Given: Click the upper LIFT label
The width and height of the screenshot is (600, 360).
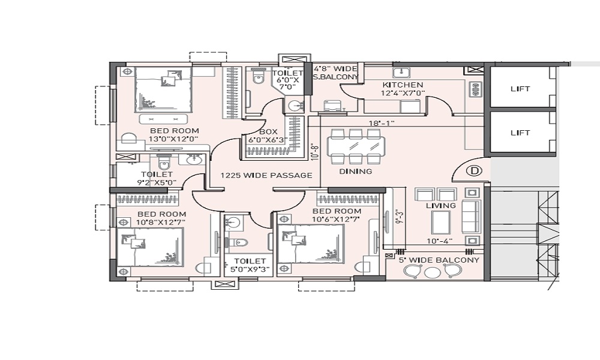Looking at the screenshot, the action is (x=520, y=89).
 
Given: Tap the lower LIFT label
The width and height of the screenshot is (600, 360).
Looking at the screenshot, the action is (x=520, y=133).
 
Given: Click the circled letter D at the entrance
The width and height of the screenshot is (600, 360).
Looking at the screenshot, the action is (x=475, y=170).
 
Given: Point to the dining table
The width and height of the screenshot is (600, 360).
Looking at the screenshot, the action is (x=356, y=146).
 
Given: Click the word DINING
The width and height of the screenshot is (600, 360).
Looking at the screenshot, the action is (x=355, y=172).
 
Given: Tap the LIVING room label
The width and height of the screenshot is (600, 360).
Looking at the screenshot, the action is (x=441, y=206).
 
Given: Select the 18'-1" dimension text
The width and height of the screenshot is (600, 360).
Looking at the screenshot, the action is (x=382, y=123).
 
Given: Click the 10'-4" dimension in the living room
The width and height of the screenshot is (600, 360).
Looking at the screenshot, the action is (x=440, y=241).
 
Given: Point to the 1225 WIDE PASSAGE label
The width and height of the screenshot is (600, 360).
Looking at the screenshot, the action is (x=266, y=176).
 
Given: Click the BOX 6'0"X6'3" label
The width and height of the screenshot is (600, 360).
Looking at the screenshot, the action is (x=268, y=136).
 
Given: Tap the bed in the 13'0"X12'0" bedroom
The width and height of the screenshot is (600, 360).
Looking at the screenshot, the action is (x=163, y=90).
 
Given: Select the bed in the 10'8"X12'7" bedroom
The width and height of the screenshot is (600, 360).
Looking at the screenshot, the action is (x=150, y=247).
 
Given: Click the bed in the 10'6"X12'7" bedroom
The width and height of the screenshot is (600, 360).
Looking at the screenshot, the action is (x=310, y=244).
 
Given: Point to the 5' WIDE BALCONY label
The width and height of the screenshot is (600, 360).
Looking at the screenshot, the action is (x=439, y=260).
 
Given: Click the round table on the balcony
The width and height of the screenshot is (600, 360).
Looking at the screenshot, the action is (x=433, y=272).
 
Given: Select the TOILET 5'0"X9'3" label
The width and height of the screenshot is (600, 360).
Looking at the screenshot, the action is (x=250, y=265).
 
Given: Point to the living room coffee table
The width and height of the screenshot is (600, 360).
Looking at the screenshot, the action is (x=441, y=222).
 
